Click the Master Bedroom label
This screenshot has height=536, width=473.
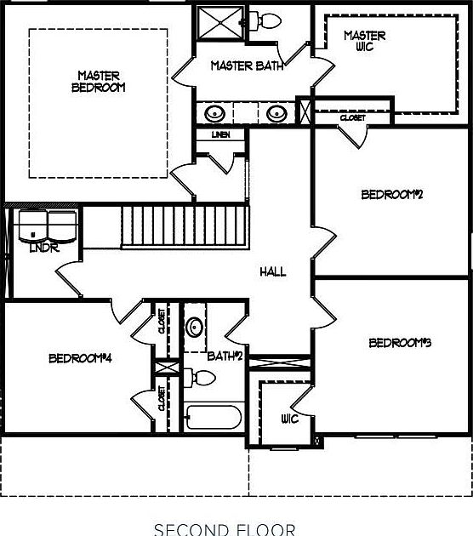click(x=99, y=81)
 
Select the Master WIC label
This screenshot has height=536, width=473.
click(x=364, y=41)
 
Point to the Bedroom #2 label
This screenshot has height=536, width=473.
click(x=392, y=194)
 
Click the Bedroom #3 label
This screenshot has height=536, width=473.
click(x=400, y=343)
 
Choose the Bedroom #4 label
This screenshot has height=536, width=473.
click(x=81, y=357)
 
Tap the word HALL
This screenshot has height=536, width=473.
click(x=273, y=271)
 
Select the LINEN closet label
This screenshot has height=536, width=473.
click(x=220, y=134)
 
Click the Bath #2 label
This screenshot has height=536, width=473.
click(x=225, y=356)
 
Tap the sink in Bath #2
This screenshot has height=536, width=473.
click(x=195, y=327)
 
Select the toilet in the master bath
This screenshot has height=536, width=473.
click(x=268, y=20)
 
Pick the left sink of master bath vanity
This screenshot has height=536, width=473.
click(x=215, y=112)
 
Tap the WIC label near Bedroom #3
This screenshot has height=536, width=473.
click(x=288, y=419)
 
